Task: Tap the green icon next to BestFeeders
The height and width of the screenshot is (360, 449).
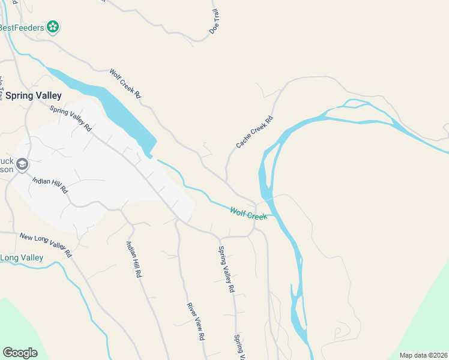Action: (x=53, y=27)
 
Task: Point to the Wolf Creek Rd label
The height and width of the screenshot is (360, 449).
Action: (x=125, y=83)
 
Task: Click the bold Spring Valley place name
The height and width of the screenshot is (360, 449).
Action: (x=34, y=95)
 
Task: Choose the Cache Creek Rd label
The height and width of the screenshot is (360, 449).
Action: (x=255, y=132)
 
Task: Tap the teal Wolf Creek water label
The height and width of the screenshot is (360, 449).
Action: (x=248, y=213)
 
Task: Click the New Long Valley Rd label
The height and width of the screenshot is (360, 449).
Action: (x=45, y=244)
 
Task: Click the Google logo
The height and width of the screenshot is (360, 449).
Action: (x=20, y=353)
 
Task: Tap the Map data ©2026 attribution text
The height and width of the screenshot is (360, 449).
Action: (x=424, y=355)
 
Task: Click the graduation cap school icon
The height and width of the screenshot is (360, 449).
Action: (x=22, y=164)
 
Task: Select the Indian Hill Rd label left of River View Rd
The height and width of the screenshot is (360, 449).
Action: (x=133, y=259)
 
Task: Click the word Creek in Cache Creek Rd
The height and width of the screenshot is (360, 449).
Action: (x=255, y=132)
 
